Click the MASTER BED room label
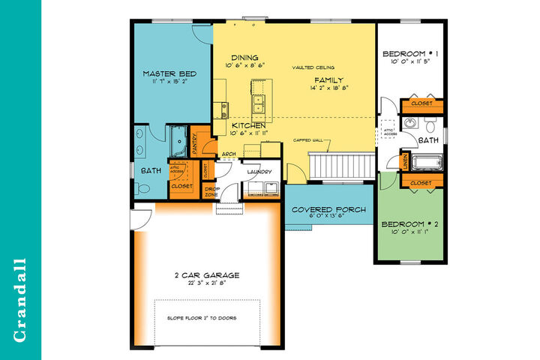[170, 73]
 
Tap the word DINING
[244, 58]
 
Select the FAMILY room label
[328, 79]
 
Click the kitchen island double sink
[259, 103]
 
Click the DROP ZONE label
[211, 192]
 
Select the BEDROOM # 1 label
[409, 54]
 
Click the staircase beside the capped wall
[342, 164]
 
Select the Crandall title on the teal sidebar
[20, 300]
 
